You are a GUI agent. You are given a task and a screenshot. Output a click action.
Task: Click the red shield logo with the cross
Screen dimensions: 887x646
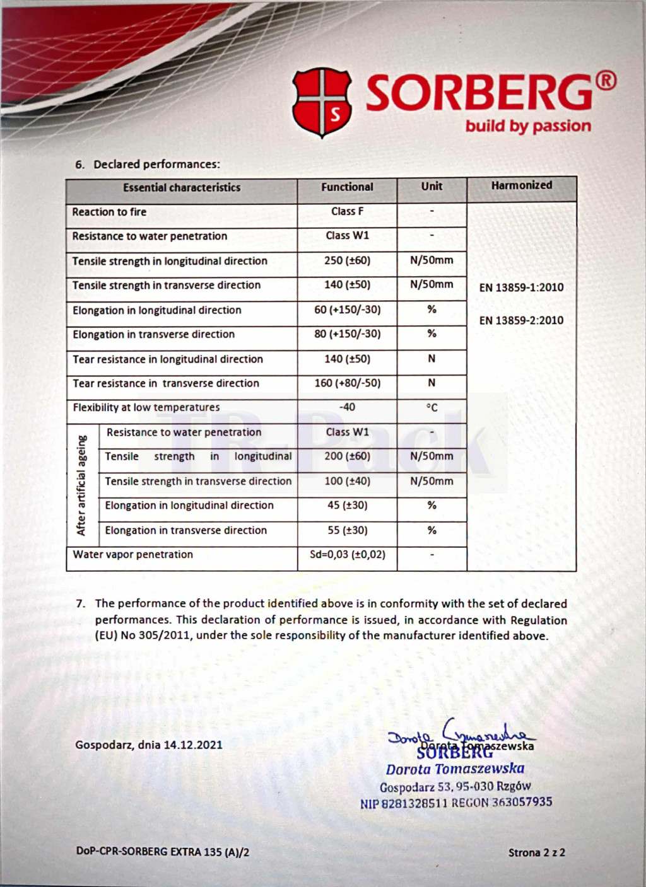pyautogui.click(x=322, y=103)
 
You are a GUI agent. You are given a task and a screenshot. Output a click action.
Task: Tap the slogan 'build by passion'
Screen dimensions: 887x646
pyautogui.click(x=528, y=126)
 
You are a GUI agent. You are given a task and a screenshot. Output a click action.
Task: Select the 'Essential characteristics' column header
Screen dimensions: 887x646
pyautogui.click(x=182, y=187)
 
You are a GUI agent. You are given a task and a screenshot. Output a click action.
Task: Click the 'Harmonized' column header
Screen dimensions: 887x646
pyautogui.click(x=521, y=185)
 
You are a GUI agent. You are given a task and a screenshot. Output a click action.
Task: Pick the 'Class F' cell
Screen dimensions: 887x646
pyautogui.click(x=347, y=211)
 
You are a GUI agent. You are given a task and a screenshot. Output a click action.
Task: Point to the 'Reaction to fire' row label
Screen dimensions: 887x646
pyautogui.click(x=109, y=212)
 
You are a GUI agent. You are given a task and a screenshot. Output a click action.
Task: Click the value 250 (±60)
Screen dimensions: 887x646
pyautogui.click(x=347, y=260)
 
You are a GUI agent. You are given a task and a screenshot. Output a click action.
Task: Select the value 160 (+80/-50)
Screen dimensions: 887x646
pyautogui.click(x=347, y=383)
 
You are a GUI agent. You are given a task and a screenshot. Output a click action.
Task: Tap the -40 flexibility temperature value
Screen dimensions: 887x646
pyautogui.click(x=347, y=407)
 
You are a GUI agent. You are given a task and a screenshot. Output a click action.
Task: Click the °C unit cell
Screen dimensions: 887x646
pyautogui.click(x=432, y=408)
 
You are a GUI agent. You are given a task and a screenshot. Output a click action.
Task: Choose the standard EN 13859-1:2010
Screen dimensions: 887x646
pyautogui.click(x=521, y=287)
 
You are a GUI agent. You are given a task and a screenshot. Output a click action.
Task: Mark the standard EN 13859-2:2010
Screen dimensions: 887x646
pyautogui.click(x=521, y=320)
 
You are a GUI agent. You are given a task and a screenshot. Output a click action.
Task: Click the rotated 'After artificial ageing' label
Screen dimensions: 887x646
pyautogui.click(x=81, y=485)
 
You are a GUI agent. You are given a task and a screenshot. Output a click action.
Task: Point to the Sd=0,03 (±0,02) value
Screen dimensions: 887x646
pyautogui.click(x=347, y=555)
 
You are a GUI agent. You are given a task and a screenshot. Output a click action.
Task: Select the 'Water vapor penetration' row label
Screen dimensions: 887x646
pyautogui.click(x=132, y=555)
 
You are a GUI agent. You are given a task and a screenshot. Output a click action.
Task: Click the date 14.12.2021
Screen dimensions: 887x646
pyautogui.click(x=193, y=745)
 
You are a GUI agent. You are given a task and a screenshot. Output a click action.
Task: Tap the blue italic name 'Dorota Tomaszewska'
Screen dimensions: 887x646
pyautogui.click(x=455, y=769)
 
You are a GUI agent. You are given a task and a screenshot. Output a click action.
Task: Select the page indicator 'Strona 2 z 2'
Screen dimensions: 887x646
pyautogui.click(x=536, y=852)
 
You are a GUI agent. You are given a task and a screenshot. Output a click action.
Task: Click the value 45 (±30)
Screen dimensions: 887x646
pyautogui.click(x=347, y=506)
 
